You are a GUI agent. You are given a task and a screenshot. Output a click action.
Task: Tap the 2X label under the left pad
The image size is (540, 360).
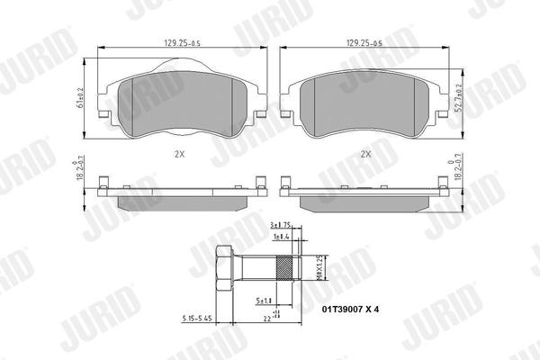pos(179,154)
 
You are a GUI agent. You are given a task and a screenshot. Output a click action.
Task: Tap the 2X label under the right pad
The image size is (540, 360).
pos(364,154)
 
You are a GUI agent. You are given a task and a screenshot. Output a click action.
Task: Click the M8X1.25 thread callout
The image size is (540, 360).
pos(316,267)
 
